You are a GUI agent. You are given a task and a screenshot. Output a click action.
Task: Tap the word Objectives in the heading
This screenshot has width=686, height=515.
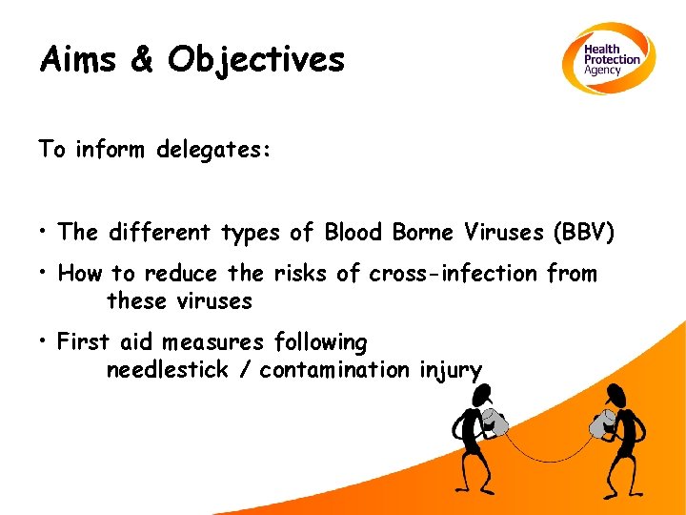[256, 60]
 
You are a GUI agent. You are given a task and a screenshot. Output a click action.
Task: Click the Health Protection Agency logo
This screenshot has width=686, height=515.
[607, 59]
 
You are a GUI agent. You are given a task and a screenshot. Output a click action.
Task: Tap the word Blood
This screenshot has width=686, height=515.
[353, 233]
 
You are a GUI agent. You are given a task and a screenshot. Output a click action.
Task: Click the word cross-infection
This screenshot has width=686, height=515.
[454, 274]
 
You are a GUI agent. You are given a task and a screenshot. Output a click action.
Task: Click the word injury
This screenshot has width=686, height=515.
[451, 370]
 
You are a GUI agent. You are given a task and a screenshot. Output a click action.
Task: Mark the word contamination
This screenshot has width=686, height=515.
[335, 370]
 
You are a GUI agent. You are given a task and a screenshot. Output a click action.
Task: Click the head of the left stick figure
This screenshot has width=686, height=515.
[483, 393]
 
